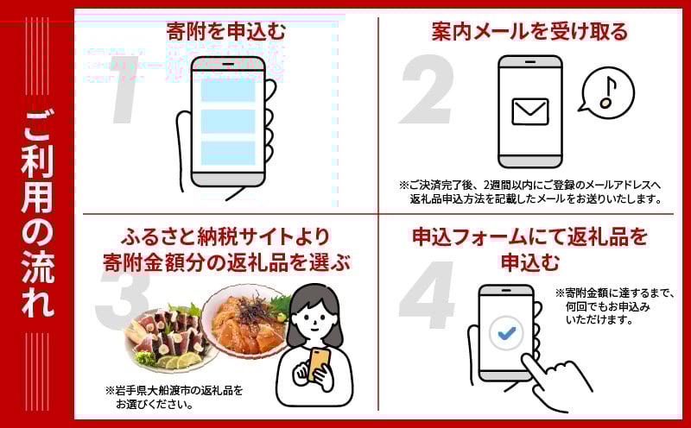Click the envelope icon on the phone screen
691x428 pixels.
[x=530, y=111]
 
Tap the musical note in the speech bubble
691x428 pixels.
[x=608, y=93]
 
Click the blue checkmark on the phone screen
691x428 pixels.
[x=506, y=333]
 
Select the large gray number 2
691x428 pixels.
[x=427, y=90]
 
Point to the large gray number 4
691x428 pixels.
[x=427, y=295]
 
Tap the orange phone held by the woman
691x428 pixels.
[x=320, y=364]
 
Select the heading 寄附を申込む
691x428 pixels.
[x=226, y=32]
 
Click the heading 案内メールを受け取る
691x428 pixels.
[x=529, y=32]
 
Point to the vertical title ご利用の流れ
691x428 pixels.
[x=38, y=213]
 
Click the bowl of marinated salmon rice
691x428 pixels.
[x=247, y=322]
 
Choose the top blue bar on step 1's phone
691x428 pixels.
[x=228, y=91]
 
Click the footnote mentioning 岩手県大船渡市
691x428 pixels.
[x=174, y=397]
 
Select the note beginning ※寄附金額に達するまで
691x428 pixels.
[x=615, y=306]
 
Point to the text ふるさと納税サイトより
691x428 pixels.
[x=225, y=237]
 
